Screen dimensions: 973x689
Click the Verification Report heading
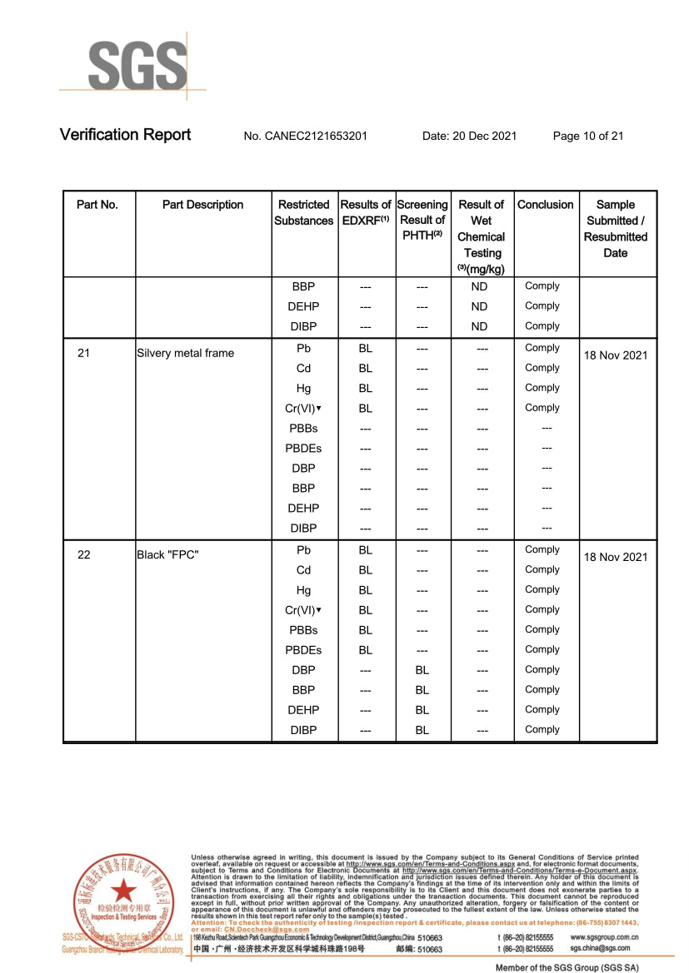[x=125, y=135]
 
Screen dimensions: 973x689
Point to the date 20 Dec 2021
[x=470, y=136]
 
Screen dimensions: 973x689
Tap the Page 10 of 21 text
[x=588, y=136]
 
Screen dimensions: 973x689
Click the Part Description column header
[x=202, y=205]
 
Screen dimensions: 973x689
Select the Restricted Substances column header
[x=304, y=212]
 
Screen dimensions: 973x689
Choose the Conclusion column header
[x=546, y=205]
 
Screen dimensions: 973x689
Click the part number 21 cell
[x=83, y=353]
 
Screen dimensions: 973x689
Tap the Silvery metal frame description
[x=185, y=353]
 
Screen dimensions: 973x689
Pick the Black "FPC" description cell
[x=167, y=554]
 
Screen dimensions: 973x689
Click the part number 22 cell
[x=83, y=554]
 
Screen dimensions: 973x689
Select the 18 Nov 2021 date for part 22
[x=616, y=557]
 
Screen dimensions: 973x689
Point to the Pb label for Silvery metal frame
[x=303, y=348]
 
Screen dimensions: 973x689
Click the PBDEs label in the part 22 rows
[x=303, y=650]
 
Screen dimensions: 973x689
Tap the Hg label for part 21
[x=303, y=388]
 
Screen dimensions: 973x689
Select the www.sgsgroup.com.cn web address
[x=605, y=936]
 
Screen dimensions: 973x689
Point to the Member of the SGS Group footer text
[x=567, y=967]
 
